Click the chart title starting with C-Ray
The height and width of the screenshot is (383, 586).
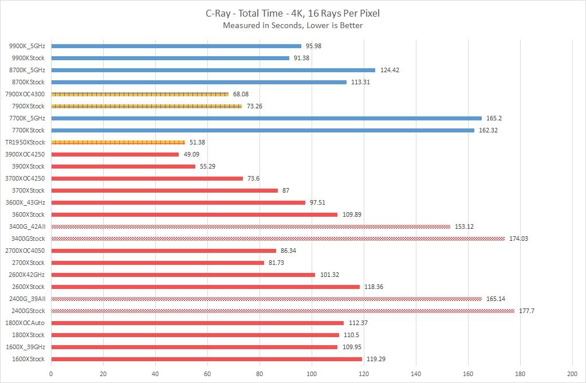tap(293, 12)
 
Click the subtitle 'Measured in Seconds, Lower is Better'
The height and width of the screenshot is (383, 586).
tap(293, 25)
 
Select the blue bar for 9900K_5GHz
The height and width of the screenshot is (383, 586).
tap(176, 46)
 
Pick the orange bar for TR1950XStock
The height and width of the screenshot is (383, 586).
tap(118, 142)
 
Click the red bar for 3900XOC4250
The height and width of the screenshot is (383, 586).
tap(115, 154)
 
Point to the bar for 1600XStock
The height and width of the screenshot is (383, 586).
tap(206, 359)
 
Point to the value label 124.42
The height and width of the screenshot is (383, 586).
tap(390, 70)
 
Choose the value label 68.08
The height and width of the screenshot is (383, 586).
tap(242, 94)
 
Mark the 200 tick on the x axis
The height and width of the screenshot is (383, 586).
tap(572, 373)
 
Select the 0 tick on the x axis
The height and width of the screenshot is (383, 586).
tap(51, 373)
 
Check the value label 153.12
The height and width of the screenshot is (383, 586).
tap(464, 226)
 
